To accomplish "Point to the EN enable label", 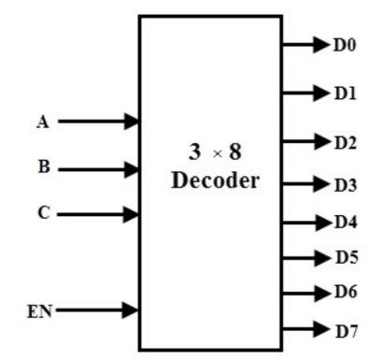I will pos(37,310).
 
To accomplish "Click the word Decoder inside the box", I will pos(215,180).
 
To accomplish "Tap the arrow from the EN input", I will pos(98,310).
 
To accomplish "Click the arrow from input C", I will pos(98,213).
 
